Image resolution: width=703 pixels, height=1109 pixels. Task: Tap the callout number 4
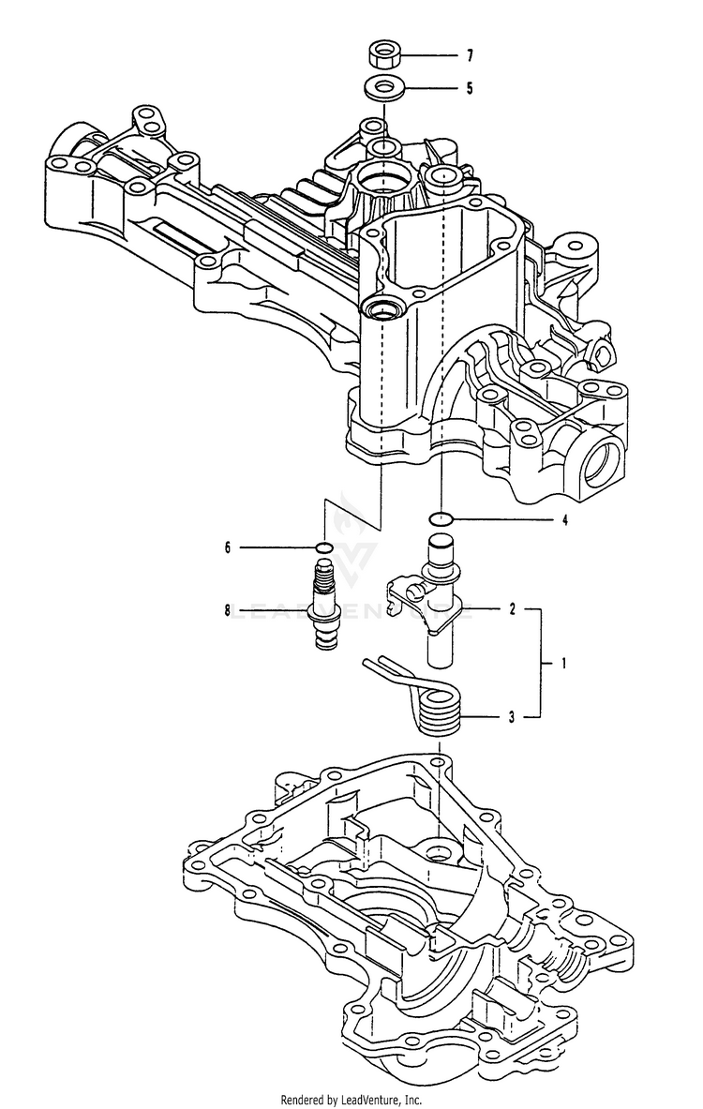pyautogui.click(x=564, y=520)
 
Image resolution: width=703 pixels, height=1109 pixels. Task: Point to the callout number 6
pyautogui.click(x=227, y=547)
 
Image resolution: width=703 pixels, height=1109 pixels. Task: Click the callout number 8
pyautogui.click(x=227, y=609)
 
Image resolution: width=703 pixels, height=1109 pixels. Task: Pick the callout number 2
pyautogui.click(x=513, y=609)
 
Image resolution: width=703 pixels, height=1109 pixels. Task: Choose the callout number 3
pyautogui.click(x=512, y=717)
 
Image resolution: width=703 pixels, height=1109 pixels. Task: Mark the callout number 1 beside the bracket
pyautogui.click(x=563, y=664)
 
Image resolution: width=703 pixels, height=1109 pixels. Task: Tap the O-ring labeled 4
pyautogui.click(x=441, y=520)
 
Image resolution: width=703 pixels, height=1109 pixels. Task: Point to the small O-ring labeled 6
pyautogui.click(x=324, y=547)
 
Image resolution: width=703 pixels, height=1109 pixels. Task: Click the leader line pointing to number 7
pyautogui.click(x=430, y=55)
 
